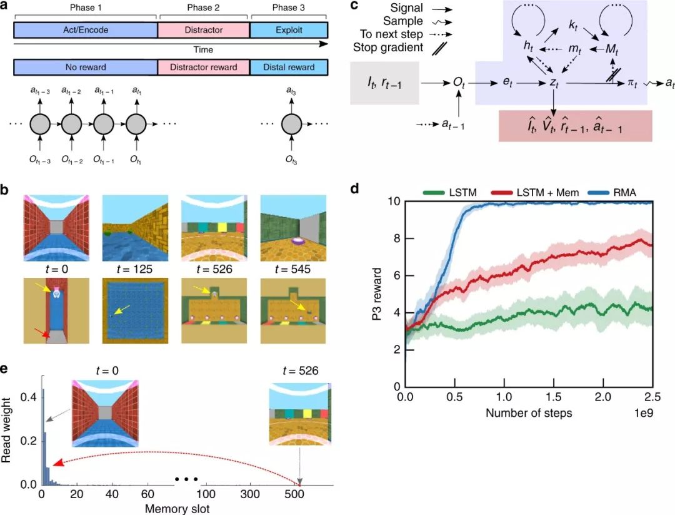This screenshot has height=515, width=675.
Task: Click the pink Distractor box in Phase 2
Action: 204,29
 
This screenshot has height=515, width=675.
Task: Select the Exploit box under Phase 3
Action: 289,29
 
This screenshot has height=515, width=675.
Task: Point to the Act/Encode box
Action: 86,29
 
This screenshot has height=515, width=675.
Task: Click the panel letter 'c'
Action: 354,6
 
